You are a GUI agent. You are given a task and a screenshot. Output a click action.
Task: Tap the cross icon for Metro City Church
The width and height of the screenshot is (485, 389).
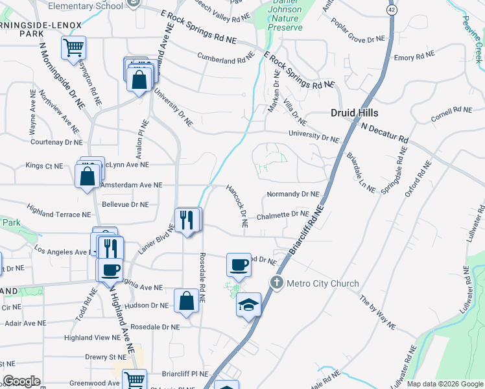click(x=276, y=283)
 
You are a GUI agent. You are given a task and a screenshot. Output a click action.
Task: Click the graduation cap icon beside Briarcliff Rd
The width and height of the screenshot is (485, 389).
click(x=248, y=304)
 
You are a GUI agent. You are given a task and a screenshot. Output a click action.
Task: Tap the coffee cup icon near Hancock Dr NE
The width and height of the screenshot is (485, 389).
click(x=239, y=265)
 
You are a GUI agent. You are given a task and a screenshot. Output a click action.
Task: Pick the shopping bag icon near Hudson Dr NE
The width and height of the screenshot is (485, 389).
click(x=186, y=300)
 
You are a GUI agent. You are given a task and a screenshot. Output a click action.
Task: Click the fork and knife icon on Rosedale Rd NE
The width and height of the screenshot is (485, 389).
click(x=187, y=220)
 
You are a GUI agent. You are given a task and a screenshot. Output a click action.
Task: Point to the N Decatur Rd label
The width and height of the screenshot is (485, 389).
click(x=385, y=134)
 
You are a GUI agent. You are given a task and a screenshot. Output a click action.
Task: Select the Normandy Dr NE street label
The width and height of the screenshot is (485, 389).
click(x=293, y=194)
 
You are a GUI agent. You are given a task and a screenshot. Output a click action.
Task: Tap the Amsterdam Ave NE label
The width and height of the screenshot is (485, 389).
click(x=130, y=185)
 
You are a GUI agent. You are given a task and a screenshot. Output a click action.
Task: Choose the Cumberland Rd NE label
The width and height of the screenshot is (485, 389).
click(x=226, y=58)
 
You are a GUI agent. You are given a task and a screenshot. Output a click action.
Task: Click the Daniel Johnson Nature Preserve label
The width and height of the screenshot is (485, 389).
click(x=285, y=19)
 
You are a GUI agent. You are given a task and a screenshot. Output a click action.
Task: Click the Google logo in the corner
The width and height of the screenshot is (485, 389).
click(x=21, y=381)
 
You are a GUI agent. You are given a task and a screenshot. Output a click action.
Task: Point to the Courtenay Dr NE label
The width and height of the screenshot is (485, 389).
click(x=56, y=141)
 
